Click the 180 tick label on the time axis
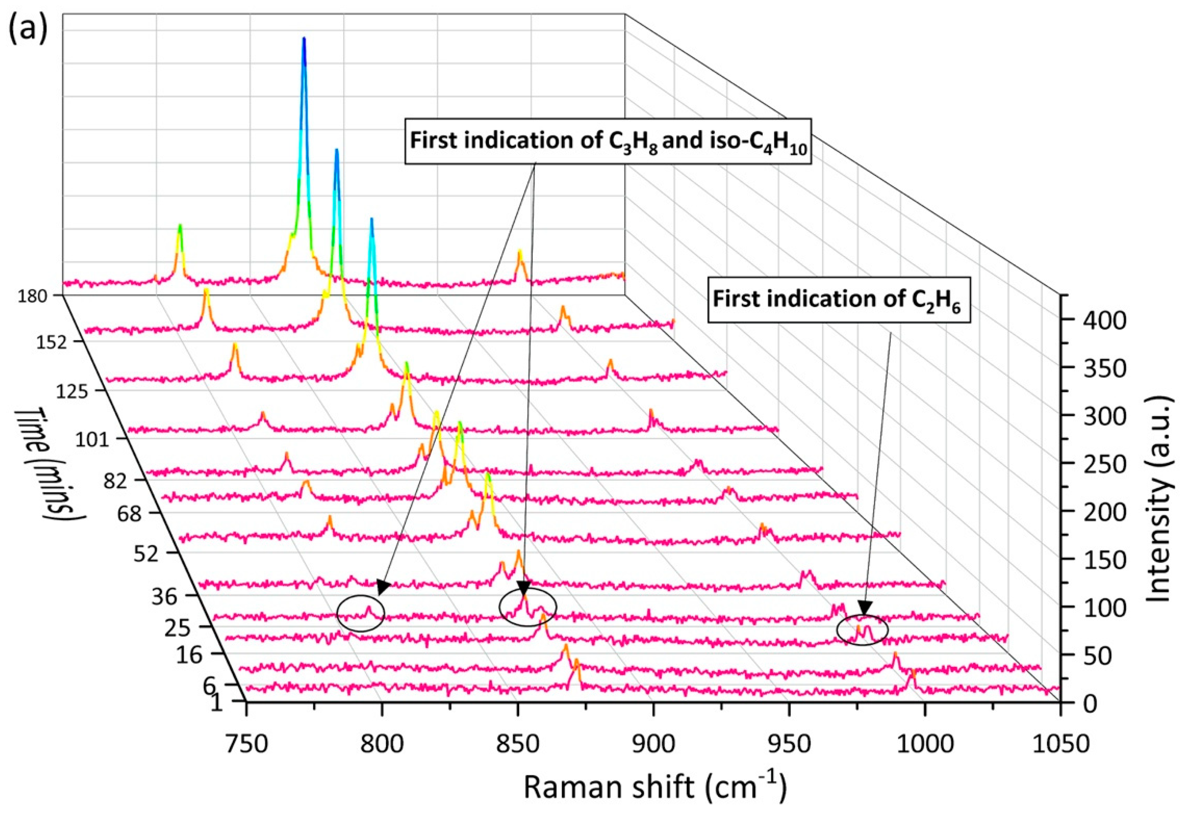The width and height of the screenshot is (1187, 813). click(x=34, y=296)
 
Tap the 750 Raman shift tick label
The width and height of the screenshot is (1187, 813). click(x=247, y=743)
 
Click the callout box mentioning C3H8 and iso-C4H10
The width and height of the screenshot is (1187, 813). click(x=608, y=141)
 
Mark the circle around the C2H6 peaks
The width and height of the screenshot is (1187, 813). click(x=862, y=629)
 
